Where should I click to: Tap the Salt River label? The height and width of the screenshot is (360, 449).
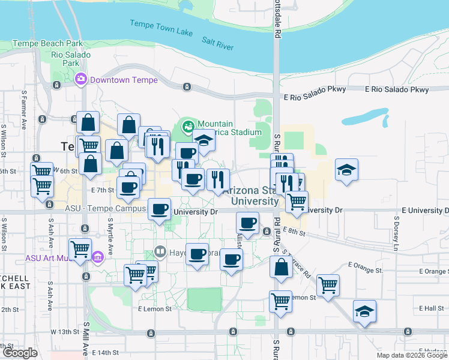(217, 42)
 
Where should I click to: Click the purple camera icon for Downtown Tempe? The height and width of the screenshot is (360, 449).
(80, 79)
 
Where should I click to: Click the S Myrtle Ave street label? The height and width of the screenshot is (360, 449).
(110, 236)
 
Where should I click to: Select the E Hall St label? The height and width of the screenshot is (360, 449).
(429, 308)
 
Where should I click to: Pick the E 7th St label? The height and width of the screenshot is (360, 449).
(103, 190)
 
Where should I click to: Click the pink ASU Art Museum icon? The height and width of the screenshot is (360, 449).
(98, 258)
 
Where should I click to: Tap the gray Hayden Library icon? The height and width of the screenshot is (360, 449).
(160, 251)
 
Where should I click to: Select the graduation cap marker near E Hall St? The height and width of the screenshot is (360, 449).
(364, 311)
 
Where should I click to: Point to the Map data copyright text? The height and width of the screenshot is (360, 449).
(412, 355)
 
